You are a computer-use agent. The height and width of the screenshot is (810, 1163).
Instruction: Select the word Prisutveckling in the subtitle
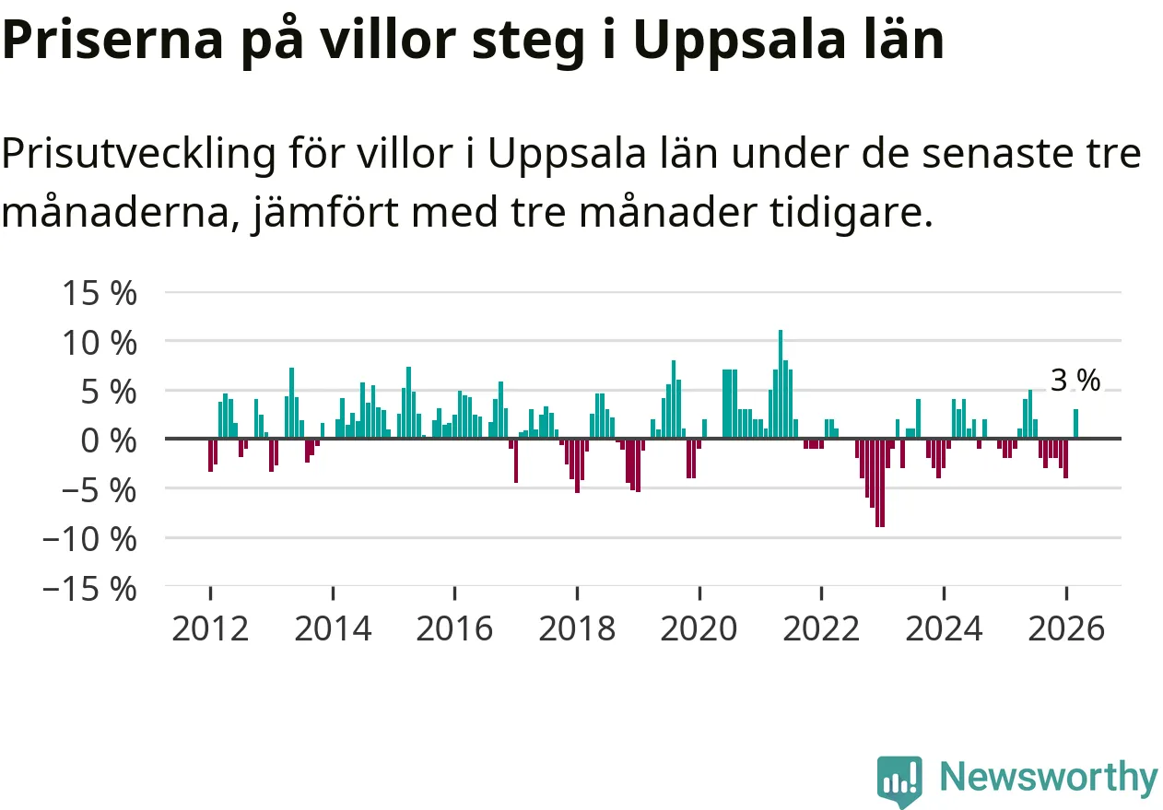click(x=138, y=155)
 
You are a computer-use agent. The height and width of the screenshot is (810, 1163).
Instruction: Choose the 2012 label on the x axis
click(x=210, y=629)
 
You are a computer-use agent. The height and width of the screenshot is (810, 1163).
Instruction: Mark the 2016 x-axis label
click(x=454, y=629)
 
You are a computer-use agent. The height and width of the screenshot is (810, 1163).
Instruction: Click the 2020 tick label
click(x=699, y=629)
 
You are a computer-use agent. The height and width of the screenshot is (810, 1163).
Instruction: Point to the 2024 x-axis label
click(x=944, y=629)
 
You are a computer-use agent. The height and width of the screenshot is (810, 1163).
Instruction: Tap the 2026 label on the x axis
click(x=1065, y=629)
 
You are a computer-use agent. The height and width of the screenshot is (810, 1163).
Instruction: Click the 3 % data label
click(x=1075, y=381)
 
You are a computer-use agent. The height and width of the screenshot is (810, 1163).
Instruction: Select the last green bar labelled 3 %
click(x=1075, y=424)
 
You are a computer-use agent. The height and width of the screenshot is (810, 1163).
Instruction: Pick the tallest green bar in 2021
click(x=780, y=383)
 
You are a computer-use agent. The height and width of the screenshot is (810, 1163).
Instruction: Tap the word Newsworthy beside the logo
click(x=1048, y=778)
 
